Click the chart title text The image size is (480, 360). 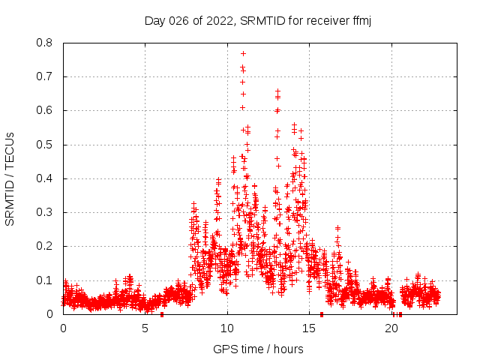(258, 21)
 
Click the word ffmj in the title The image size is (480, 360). (361, 21)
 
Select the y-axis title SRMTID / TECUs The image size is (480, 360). (10, 178)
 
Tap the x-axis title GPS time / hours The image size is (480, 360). (258, 349)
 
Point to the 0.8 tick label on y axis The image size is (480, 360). (44, 43)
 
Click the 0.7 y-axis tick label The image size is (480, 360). (44, 76)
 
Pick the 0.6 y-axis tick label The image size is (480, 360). (44, 110)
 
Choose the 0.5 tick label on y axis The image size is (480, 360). (44, 145)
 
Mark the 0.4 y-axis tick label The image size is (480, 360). (44, 178)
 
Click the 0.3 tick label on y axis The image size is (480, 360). (44, 212)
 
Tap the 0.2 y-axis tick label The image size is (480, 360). (44, 246)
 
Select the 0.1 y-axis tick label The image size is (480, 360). (44, 280)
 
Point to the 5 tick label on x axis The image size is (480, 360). (145, 328)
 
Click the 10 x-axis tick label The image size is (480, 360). (227, 328)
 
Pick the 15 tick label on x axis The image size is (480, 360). (310, 328)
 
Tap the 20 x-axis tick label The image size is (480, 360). (391, 328)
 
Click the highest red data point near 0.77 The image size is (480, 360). (243, 53)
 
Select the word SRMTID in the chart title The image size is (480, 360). (260, 21)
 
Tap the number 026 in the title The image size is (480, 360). (178, 21)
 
